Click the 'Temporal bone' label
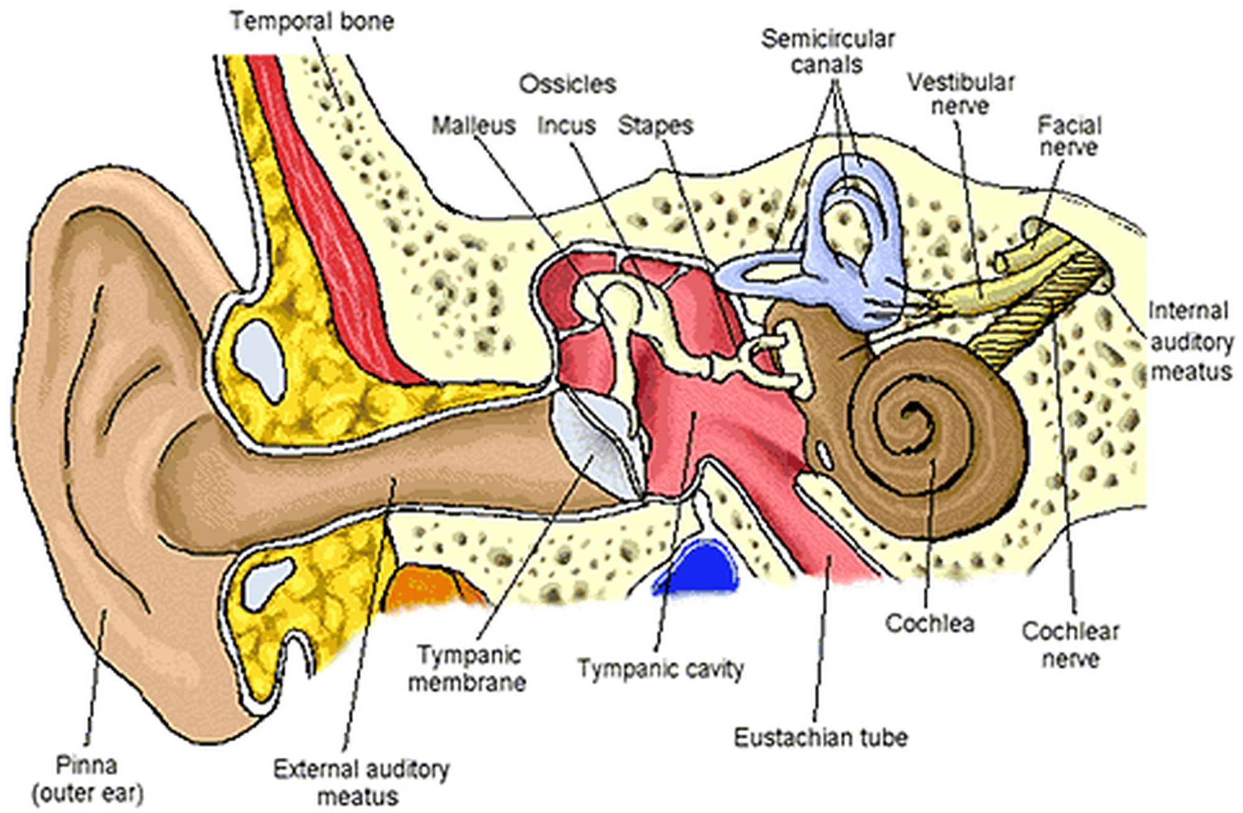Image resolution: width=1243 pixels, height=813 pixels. (x=312, y=21)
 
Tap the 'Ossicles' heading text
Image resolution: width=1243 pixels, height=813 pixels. (x=567, y=84)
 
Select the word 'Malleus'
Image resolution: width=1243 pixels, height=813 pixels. (x=474, y=126)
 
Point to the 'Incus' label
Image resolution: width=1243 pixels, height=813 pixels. (x=566, y=126)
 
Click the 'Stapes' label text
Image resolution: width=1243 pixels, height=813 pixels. (x=655, y=126)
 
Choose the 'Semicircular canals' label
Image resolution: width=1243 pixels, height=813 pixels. (x=828, y=52)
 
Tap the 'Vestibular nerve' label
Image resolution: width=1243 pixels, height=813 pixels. (x=960, y=94)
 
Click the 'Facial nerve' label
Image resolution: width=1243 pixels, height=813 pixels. (x=1069, y=136)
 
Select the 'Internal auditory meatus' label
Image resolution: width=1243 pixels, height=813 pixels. (x=1190, y=341)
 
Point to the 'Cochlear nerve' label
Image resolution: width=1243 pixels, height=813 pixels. (x=1070, y=645)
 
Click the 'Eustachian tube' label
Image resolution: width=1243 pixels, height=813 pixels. (x=820, y=737)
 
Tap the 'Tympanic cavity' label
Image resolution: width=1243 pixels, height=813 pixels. (x=661, y=669)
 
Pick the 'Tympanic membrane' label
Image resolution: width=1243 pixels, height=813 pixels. (x=467, y=669)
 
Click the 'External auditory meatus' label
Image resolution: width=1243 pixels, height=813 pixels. (x=361, y=783)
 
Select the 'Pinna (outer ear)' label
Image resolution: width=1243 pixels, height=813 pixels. (x=87, y=779)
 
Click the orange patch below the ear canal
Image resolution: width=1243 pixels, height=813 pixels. (x=429, y=587)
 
